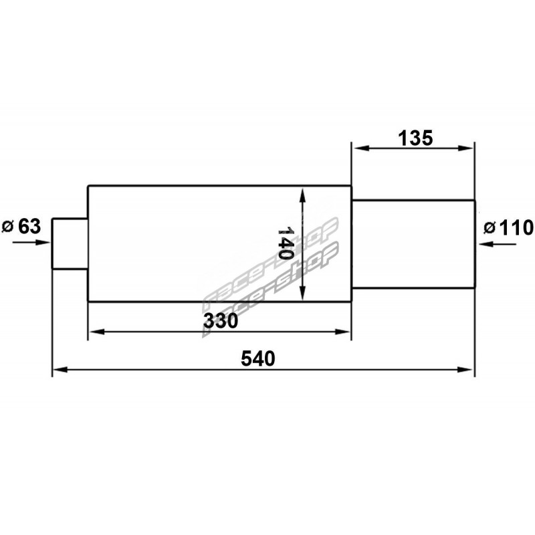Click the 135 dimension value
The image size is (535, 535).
(x=415, y=138)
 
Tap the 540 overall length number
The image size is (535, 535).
(x=258, y=358)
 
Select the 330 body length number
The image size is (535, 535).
(x=221, y=321)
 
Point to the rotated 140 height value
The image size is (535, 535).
(x=285, y=243)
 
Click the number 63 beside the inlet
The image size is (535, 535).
(x=29, y=226)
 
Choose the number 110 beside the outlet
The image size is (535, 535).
(x=516, y=228)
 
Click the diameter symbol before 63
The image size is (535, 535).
(x=8, y=227)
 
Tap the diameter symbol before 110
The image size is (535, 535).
(x=490, y=227)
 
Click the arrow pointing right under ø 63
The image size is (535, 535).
(x=31, y=243)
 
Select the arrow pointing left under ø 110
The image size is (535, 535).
(x=497, y=244)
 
